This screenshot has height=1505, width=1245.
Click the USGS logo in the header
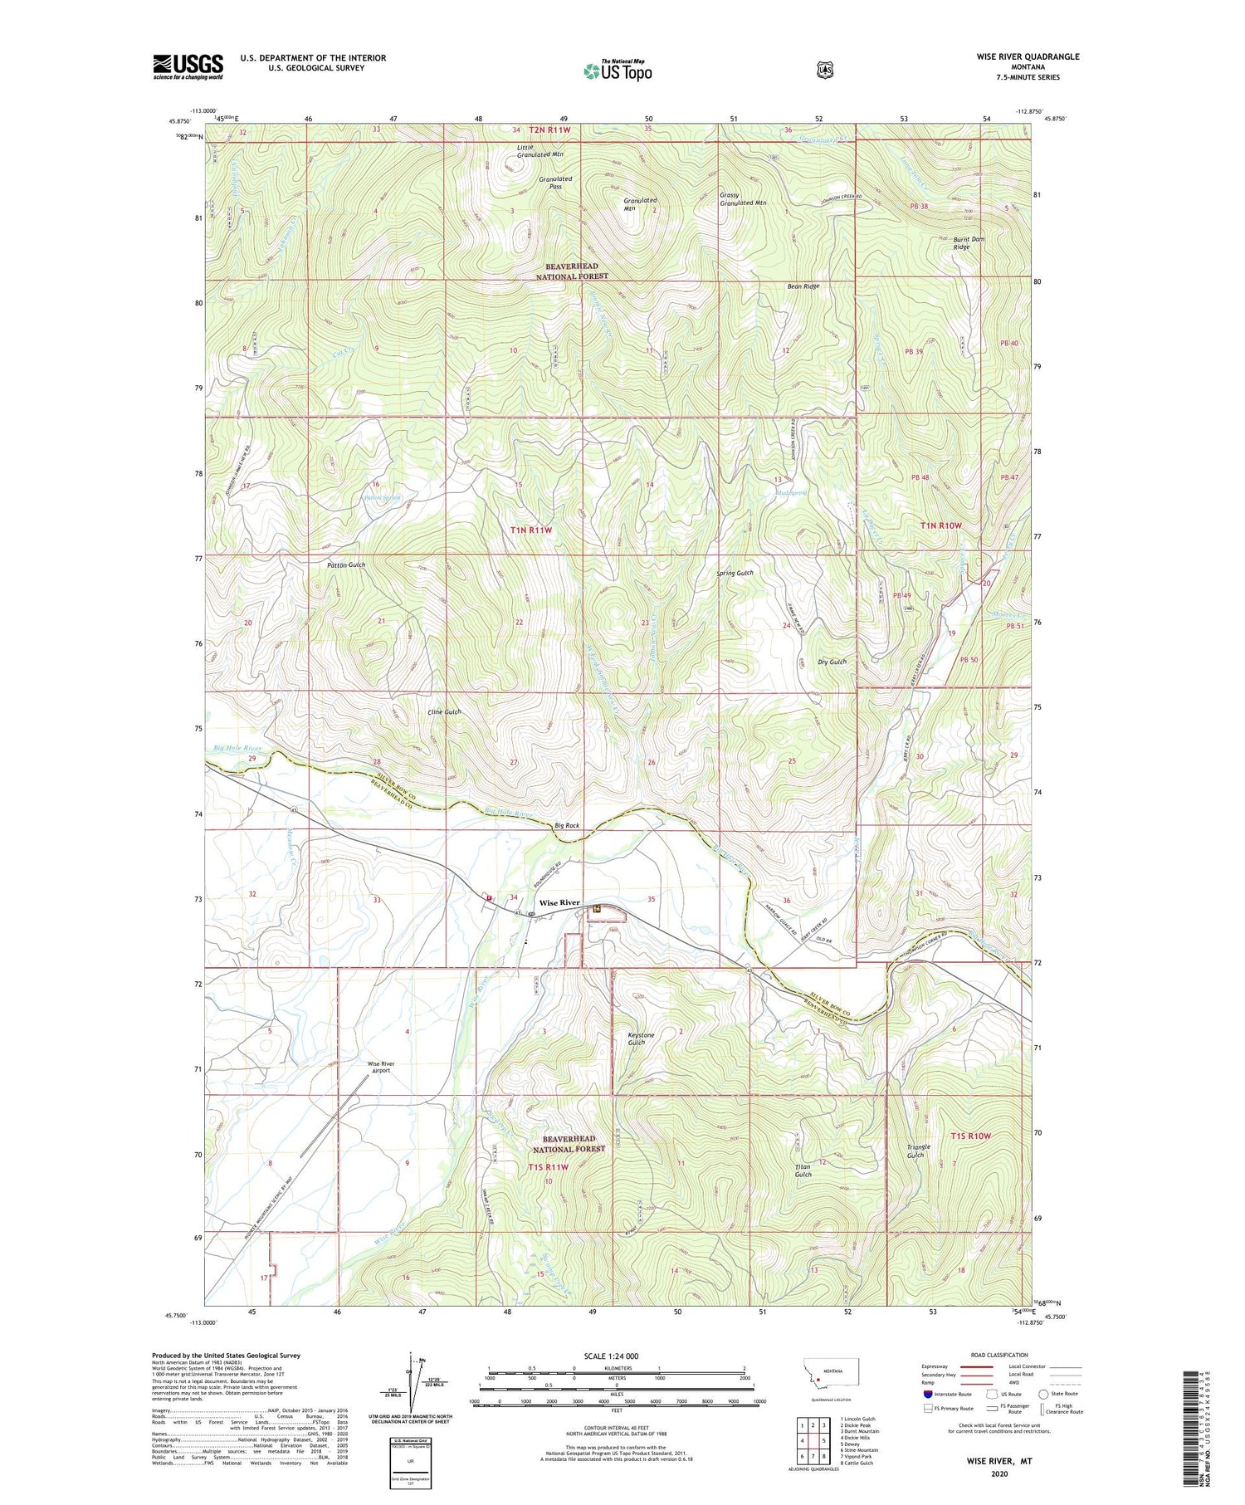188,66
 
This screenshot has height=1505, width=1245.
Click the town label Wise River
559,902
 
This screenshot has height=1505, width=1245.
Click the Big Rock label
567,826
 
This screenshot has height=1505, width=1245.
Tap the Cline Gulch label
444,712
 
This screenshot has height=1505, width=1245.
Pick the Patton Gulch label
346,564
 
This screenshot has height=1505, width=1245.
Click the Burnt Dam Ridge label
968,242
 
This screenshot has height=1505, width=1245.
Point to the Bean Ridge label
803,286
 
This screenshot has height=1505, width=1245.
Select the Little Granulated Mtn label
539,150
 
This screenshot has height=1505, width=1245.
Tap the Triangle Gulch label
919,1151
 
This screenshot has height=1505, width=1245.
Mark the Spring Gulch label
735,574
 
